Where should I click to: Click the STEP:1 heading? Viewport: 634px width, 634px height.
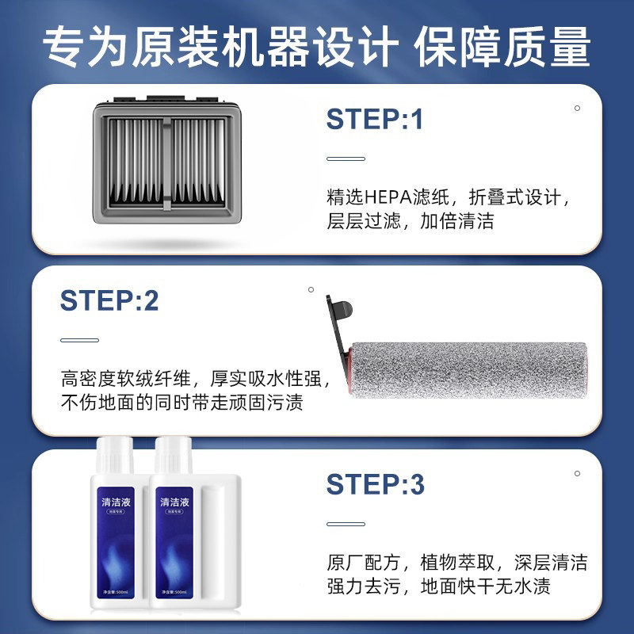(375, 119)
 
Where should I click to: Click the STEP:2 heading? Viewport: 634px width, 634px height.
(109, 300)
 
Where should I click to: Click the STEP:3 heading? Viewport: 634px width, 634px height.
(376, 483)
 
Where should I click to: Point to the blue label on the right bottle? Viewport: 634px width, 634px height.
(175, 547)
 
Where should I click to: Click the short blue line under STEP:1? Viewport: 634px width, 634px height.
(346, 158)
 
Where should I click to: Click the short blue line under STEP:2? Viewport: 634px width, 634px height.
(79, 340)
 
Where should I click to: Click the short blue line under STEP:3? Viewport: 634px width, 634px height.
(346, 523)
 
